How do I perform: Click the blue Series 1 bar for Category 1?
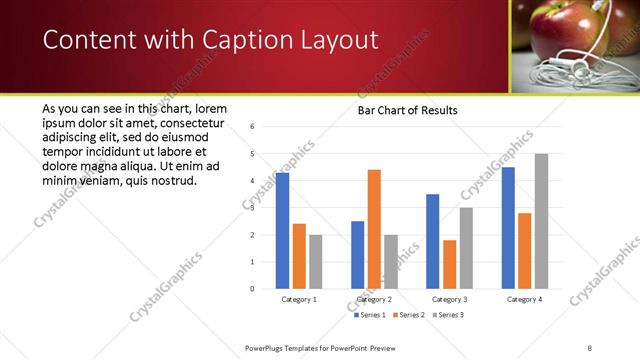pyautogui.click(x=282, y=231)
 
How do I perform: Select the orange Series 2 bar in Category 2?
pyautogui.click(x=374, y=229)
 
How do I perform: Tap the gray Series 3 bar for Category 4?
pyautogui.click(x=541, y=221)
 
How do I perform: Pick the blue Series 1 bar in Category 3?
pyautogui.click(x=432, y=241)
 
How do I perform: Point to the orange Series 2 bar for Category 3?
pyautogui.click(x=449, y=264)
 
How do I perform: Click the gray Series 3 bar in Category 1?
pyautogui.click(x=316, y=262)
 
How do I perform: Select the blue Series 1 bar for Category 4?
pyautogui.click(x=508, y=228)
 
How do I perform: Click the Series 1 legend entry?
pyautogui.click(x=371, y=315)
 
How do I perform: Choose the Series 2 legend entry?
pyautogui.click(x=410, y=315)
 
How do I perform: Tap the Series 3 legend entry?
pyautogui.click(x=448, y=315)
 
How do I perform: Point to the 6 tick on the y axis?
pyautogui.click(x=253, y=127)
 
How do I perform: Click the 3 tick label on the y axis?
pyautogui.click(x=253, y=208)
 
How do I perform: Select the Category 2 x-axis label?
pyautogui.click(x=374, y=299)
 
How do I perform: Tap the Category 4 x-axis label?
pyautogui.click(x=524, y=299)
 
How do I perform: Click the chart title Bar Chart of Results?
pyautogui.click(x=407, y=109)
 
